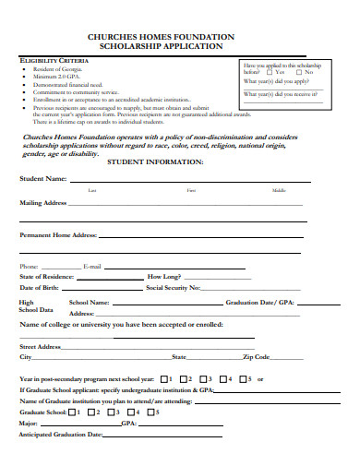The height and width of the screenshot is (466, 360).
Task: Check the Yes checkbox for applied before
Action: [x=269, y=72]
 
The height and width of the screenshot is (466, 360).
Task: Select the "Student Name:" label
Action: [x=43, y=178]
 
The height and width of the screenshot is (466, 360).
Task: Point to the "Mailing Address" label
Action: [x=42, y=202]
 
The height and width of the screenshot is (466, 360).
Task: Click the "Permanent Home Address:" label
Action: [x=58, y=235]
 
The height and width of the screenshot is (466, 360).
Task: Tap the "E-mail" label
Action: [x=91, y=266]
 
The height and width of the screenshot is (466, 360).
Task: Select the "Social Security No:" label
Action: [x=174, y=288]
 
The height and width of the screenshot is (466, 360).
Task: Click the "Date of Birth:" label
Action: [x=39, y=288]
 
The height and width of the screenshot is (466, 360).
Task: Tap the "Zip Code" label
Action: [x=256, y=356]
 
